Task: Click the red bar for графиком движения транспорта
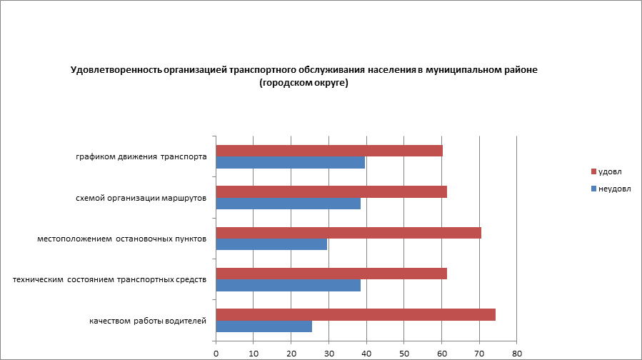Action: [x=329, y=151]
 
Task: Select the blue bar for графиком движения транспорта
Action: [x=290, y=163]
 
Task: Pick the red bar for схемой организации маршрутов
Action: [x=331, y=191]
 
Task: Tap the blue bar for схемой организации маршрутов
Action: [x=288, y=204]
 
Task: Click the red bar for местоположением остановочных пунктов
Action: [x=348, y=233]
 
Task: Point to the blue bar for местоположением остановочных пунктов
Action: [x=271, y=244]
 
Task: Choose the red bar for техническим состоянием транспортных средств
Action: [x=331, y=274]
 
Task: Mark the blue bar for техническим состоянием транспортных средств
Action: [x=288, y=286]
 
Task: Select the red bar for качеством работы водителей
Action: [x=356, y=315]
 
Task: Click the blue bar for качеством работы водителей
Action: [x=264, y=326]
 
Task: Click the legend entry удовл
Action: [x=610, y=172]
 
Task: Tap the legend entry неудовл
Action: [x=614, y=188]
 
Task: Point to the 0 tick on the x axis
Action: [x=216, y=353]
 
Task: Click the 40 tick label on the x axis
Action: [x=366, y=353]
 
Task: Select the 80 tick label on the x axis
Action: [x=517, y=353]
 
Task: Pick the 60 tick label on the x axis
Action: [x=442, y=353]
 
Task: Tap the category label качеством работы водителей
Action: [x=148, y=321]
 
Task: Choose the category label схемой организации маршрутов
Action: [x=141, y=198]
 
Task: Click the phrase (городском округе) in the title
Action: [x=304, y=83]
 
